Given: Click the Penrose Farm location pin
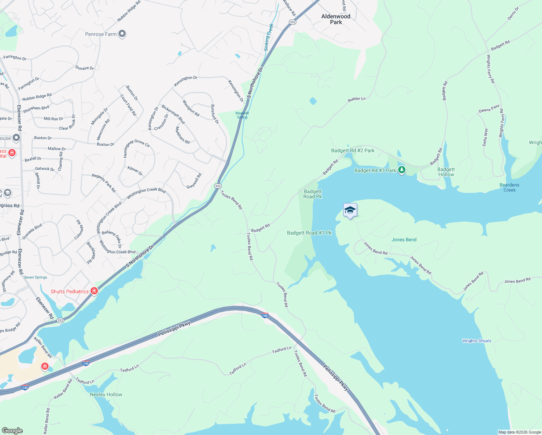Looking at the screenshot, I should click(x=122, y=34).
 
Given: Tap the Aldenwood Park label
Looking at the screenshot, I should click(x=336, y=19).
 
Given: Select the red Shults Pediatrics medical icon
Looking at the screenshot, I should click(x=94, y=291).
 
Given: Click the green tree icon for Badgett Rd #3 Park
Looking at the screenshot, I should click(x=401, y=170).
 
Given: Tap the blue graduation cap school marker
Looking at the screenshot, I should click(x=350, y=210).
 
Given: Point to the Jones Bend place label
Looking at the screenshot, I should click(x=404, y=240).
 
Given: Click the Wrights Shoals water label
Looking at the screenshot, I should click(x=476, y=341).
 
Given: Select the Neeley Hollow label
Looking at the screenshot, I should click(x=106, y=394).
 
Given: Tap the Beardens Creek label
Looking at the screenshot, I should click(x=509, y=187).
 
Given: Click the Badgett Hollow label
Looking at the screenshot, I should click(x=446, y=172).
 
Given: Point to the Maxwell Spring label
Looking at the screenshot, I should click(x=242, y=115).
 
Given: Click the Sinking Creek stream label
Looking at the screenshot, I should click(x=268, y=37).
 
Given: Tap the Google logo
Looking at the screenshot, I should click(x=12, y=430).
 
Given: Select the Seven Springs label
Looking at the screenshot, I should click(x=36, y=277).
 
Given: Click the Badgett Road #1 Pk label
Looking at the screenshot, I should click(x=309, y=233).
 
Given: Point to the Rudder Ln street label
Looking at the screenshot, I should click(x=357, y=99).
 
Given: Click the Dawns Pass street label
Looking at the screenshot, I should click(x=489, y=109).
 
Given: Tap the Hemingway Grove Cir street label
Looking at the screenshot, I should click(x=136, y=147).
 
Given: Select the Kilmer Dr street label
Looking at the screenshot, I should click(x=135, y=171).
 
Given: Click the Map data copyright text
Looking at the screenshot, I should click(x=520, y=432).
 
